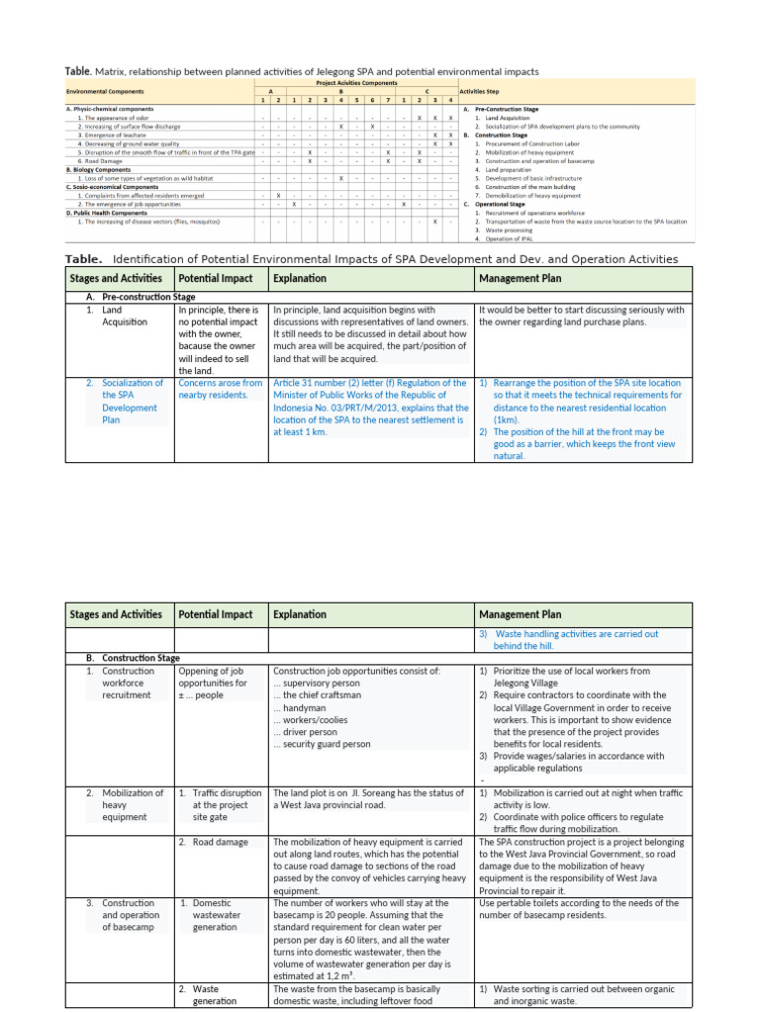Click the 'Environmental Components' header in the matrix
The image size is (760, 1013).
coord(100,90)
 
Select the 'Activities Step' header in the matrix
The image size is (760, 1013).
coord(480,90)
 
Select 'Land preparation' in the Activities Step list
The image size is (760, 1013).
coord(500,169)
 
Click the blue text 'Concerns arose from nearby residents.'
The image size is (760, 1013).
coord(220,389)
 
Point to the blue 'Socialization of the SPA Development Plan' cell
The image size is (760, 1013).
coord(129,401)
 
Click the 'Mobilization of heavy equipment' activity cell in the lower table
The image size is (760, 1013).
coord(129,805)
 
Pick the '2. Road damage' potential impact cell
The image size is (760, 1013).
coord(214,842)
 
